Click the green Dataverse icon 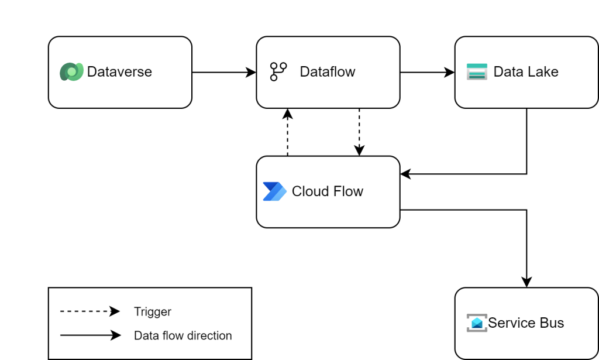pyautogui.click(x=71, y=71)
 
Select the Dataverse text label pyautogui.click(x=119, y=72)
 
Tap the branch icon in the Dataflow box pyautogui.click(x=278, y=71)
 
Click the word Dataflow pyautogui.click(x=327, y=72)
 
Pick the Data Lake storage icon pyautogui.click(x=477, y=71)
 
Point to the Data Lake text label pyautogui.click(x=525, y=72)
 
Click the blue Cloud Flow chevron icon pyautogui.click(x=274, y=191)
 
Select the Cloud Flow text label pyautogui.click(x=327, y=191)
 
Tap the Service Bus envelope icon pyautogui.click(x=477, y=323)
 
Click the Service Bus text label pyautogui.click(x=526, y=323)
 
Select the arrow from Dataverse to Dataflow pyautogui.click(x=223, y=73)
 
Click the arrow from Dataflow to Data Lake pyautogui.click(x=427, y=73)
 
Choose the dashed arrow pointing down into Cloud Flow pyautogui.click(x=359, y=132)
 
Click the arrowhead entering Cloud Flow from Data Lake pyautogui.click(x=405, y=174)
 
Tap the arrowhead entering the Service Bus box pyautogui.click(x=526, y=282)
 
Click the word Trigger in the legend pyautogui.click(x=152, y=312)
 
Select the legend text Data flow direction pyautogui.click(x=183, y=336)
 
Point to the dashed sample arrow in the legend pyautogui.click(x=89, y=312)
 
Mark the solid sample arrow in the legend pyautogui.click(x=89, y=336)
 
